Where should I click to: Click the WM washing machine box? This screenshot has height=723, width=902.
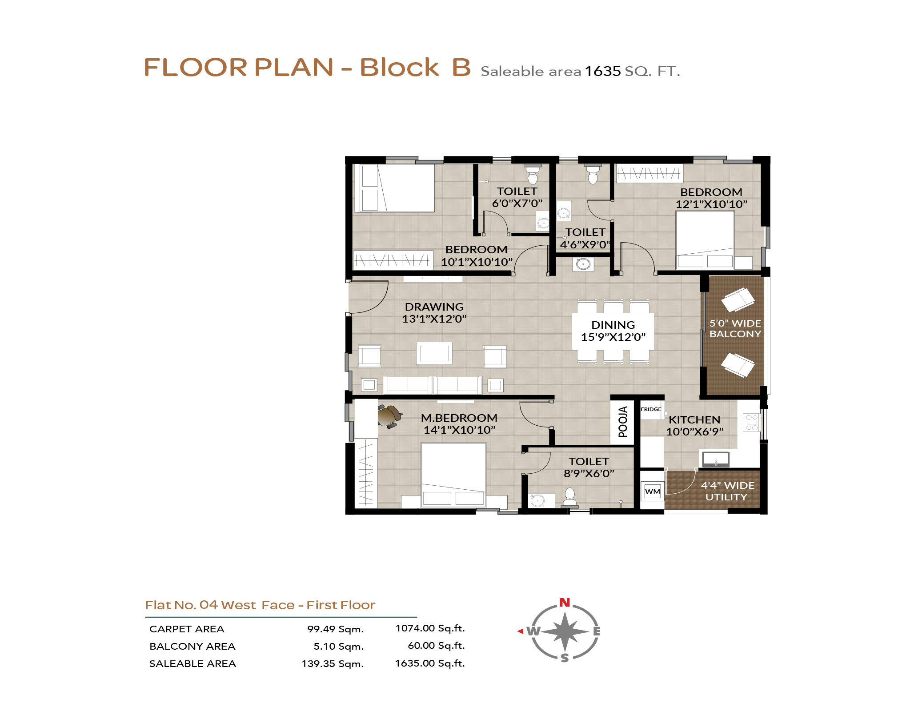pyautogui.click(x=653, y=491)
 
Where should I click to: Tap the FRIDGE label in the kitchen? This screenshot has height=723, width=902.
pyautogui.click(x=651, y=409)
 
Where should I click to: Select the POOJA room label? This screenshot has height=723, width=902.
pyautogui.click(x=623, y=421)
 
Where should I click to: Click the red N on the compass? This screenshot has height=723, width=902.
pyautogui.click(x=565, y=603)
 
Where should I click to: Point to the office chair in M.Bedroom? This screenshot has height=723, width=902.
pyautogui.click(x=389, y=416)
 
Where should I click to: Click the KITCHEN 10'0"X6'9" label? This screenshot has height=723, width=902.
pyautogui.click(x=695, y=426)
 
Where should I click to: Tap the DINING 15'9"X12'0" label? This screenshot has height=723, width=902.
pyautogui.click(x=613, y=331)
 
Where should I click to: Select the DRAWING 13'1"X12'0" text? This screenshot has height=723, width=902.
pyautogui.click(x=434, y=313)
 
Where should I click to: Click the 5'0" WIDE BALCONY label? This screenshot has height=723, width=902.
pyautogui.click(x=735, y=328)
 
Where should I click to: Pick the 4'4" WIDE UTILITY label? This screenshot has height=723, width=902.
pyautogui.click(x=727, y=491)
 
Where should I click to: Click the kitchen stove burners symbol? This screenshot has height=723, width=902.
pyautogui.click(x=752, y=423)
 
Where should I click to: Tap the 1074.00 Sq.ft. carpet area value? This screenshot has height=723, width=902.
pyautogui.click(x=430, y=628)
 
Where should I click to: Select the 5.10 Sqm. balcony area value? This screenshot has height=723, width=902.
pyautogui.click(x=339, y=647)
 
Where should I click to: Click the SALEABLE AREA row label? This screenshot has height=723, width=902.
pyautogui.click(x=192, y=664)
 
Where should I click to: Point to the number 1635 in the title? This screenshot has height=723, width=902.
pyautogui.click(x=602, y=71)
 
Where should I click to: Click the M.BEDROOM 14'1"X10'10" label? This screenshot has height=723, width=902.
pyautogui.click(x=459, y=424)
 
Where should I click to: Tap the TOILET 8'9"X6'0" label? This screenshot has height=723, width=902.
pyautogui.click(x=589, y=467)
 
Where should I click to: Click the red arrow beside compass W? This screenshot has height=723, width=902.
pyautogui.click(x=520, y=631)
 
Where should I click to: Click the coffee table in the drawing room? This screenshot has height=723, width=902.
pyautogui.click(x=434, y=353)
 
